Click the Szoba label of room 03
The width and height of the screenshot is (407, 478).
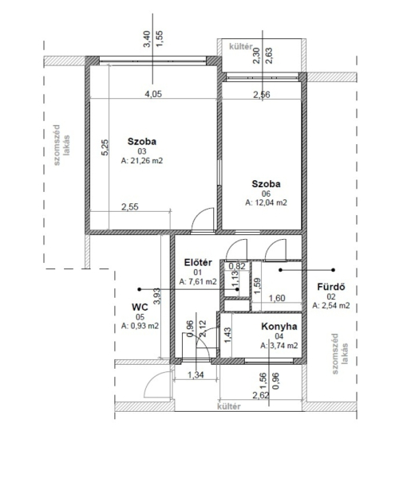point(142,142)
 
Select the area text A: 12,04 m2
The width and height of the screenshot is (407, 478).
point(267,202)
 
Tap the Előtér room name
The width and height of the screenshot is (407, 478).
point(198,262)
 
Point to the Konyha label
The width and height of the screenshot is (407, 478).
point(279,327)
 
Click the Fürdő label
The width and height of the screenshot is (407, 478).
point(331,287)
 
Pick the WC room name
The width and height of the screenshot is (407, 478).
point(140,307)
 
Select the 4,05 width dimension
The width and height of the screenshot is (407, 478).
point(153,94)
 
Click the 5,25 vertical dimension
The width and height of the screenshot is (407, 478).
point(105,147)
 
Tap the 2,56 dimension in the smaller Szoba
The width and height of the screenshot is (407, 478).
point(262,95)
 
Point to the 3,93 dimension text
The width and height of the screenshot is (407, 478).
point(157,296)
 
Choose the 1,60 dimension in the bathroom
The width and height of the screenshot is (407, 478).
point(277,298)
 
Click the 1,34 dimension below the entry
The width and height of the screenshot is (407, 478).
point(196,374)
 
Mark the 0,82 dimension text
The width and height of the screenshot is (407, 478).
point(237,266)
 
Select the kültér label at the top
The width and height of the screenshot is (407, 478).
point(241,47)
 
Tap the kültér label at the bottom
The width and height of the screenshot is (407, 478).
point(229,406)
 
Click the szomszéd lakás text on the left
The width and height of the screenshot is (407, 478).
point(61,145)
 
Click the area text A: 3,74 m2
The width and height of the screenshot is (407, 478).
point(279,346)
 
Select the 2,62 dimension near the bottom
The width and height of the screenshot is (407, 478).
point(261,396)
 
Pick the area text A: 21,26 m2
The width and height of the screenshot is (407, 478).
point(142,160)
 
